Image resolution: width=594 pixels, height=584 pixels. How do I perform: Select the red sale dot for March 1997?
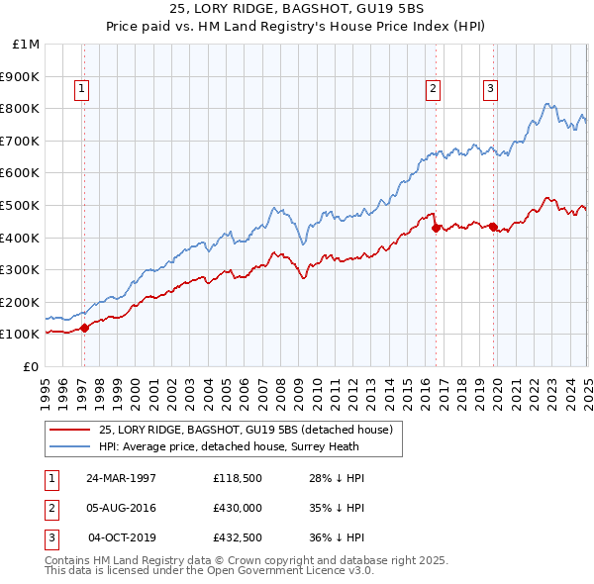[84, 328]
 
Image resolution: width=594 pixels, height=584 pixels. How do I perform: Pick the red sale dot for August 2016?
[436, 228]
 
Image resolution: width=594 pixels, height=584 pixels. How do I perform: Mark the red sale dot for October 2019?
[493, 227]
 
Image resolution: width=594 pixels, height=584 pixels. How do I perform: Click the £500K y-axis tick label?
[22, 205]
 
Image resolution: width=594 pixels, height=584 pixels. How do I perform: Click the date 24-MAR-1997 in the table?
[122, 478]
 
